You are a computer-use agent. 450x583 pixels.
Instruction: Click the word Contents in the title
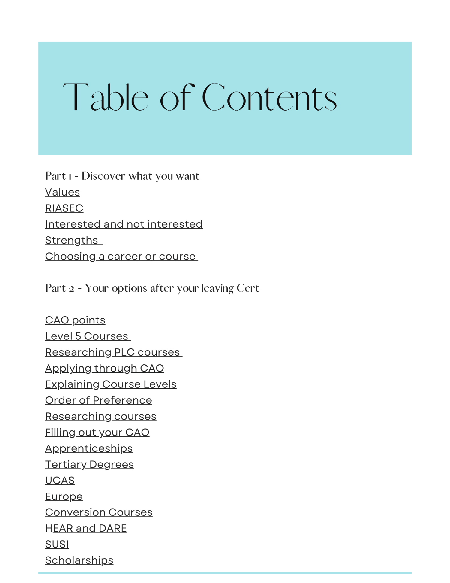pos(269,98)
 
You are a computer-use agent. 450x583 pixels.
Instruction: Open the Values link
pos(62,192)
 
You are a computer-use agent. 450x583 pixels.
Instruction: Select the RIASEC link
pos(64,208)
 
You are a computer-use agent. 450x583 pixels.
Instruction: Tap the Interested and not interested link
pos(124,224)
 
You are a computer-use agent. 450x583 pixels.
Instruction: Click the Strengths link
pos(72,240)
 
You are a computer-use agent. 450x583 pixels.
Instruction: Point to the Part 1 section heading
pos(122,176)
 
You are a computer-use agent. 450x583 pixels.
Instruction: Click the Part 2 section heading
pos(152,288)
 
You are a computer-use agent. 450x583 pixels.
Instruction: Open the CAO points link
pos(75,320)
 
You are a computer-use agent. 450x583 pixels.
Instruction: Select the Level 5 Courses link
pos(87,336)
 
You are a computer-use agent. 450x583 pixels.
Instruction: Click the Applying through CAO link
pos(104,368)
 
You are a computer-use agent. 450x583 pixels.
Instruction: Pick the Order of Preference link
pos(99,400)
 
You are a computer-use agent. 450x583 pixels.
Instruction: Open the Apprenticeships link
pos(89,448)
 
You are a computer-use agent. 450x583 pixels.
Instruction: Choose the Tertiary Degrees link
pos(89,464)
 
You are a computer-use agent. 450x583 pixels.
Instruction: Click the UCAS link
pos(60,480)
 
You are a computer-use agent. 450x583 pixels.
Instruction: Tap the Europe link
pos(64,496)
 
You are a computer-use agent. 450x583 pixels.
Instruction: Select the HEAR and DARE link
pos(86,528)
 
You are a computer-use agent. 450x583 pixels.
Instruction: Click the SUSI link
pos(57,544)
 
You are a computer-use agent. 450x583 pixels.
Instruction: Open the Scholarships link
pos(79,560)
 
